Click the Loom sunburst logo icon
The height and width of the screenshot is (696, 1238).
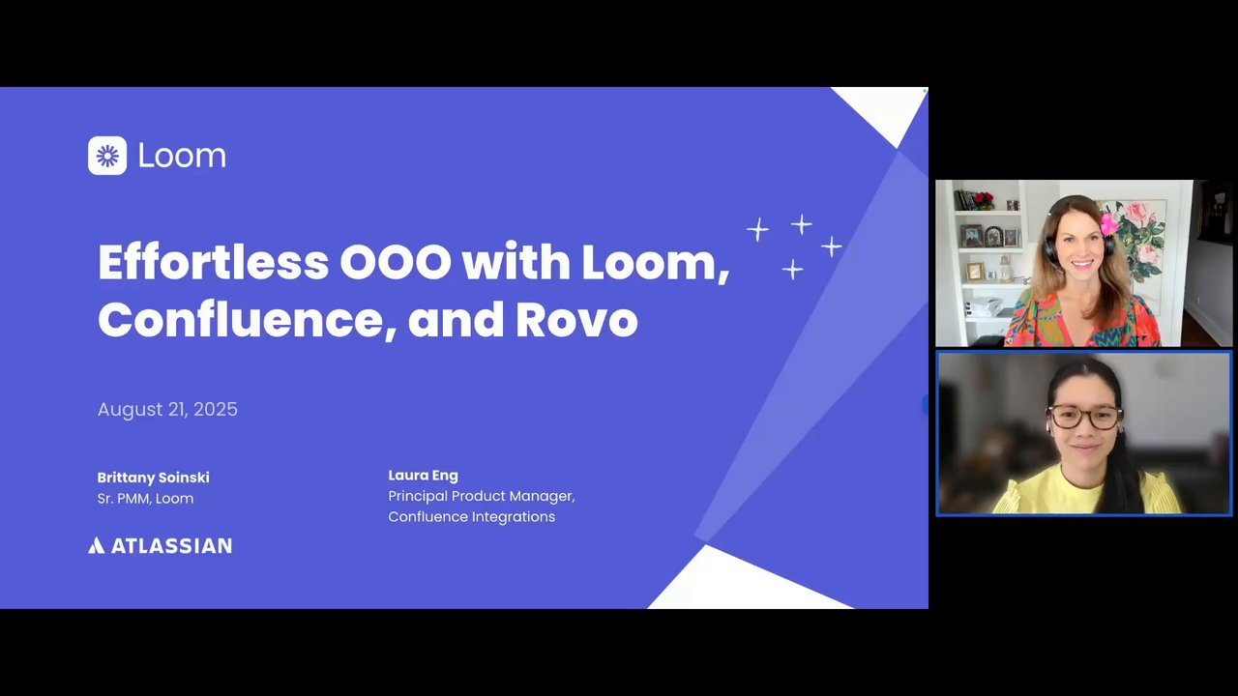pyautogui.click(x=107, y=156)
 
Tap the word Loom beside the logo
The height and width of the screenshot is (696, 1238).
pyautogui.click(x=182, y=156)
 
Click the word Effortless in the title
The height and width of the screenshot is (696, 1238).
pyautogui.click(x=214, y=261)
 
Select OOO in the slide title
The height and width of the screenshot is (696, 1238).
pyautogui.click(x=396, y=261)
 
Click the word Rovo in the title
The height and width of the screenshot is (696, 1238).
pyautogui.click(x=577, y=320)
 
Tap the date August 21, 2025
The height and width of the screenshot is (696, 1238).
pyautogui.click(x=167, y=409)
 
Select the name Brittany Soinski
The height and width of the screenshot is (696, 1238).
pyautogui.click(x=153, y=478)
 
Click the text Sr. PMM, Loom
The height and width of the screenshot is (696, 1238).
pyautogui.click(x=145, y=498)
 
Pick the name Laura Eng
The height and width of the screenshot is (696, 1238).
pyautogui.click(x=424, y=475)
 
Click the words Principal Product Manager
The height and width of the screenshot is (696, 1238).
pyautogui.click(x=481, y=496)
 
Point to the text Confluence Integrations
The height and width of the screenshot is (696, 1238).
pyautogui.click(x=471, y=517)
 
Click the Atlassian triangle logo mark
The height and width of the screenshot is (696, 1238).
pyautogui.click(x=96, y=546)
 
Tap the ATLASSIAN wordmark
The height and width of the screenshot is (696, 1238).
pyautogui.click(x=172, y=546)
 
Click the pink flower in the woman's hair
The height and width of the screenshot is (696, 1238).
pyautogui.click(x=1108, y=224)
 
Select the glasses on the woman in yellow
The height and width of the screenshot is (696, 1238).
pyautogui.click(x=1085, y=417)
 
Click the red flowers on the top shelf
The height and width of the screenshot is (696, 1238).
pyautogui.click(x=984, y=198)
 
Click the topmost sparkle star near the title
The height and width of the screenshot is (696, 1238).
pyautogui.click(x=802, y=224)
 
